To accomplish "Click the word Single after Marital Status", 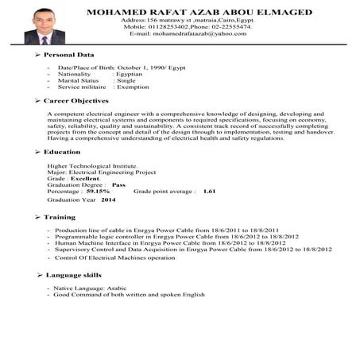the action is (126, 80).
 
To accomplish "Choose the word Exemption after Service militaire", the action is (133, 87).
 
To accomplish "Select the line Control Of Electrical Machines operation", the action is (114, 258).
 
